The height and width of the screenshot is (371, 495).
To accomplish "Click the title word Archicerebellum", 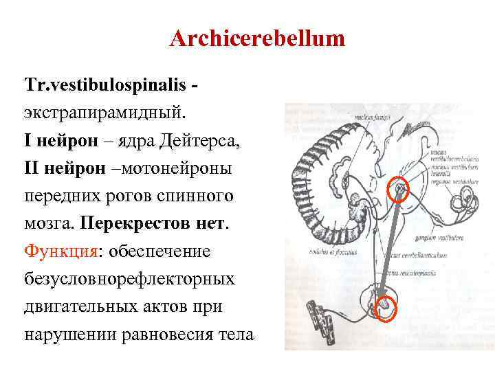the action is pyautogui.click(x=257, y=38).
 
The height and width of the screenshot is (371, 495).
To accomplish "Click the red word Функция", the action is pyautogui.click(x=60, y=250).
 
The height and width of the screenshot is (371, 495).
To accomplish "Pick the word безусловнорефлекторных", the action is pyautogui.click(x=129, y=279).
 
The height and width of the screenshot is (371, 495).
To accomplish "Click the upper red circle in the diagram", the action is pyautogui.click(x=398, y=189).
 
